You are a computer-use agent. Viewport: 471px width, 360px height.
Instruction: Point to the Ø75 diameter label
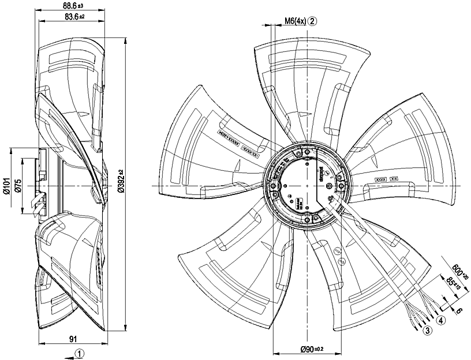pyautogui.click(x=18, y=187)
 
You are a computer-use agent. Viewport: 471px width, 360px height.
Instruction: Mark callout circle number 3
pyautogui.click(x=428, y=331)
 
